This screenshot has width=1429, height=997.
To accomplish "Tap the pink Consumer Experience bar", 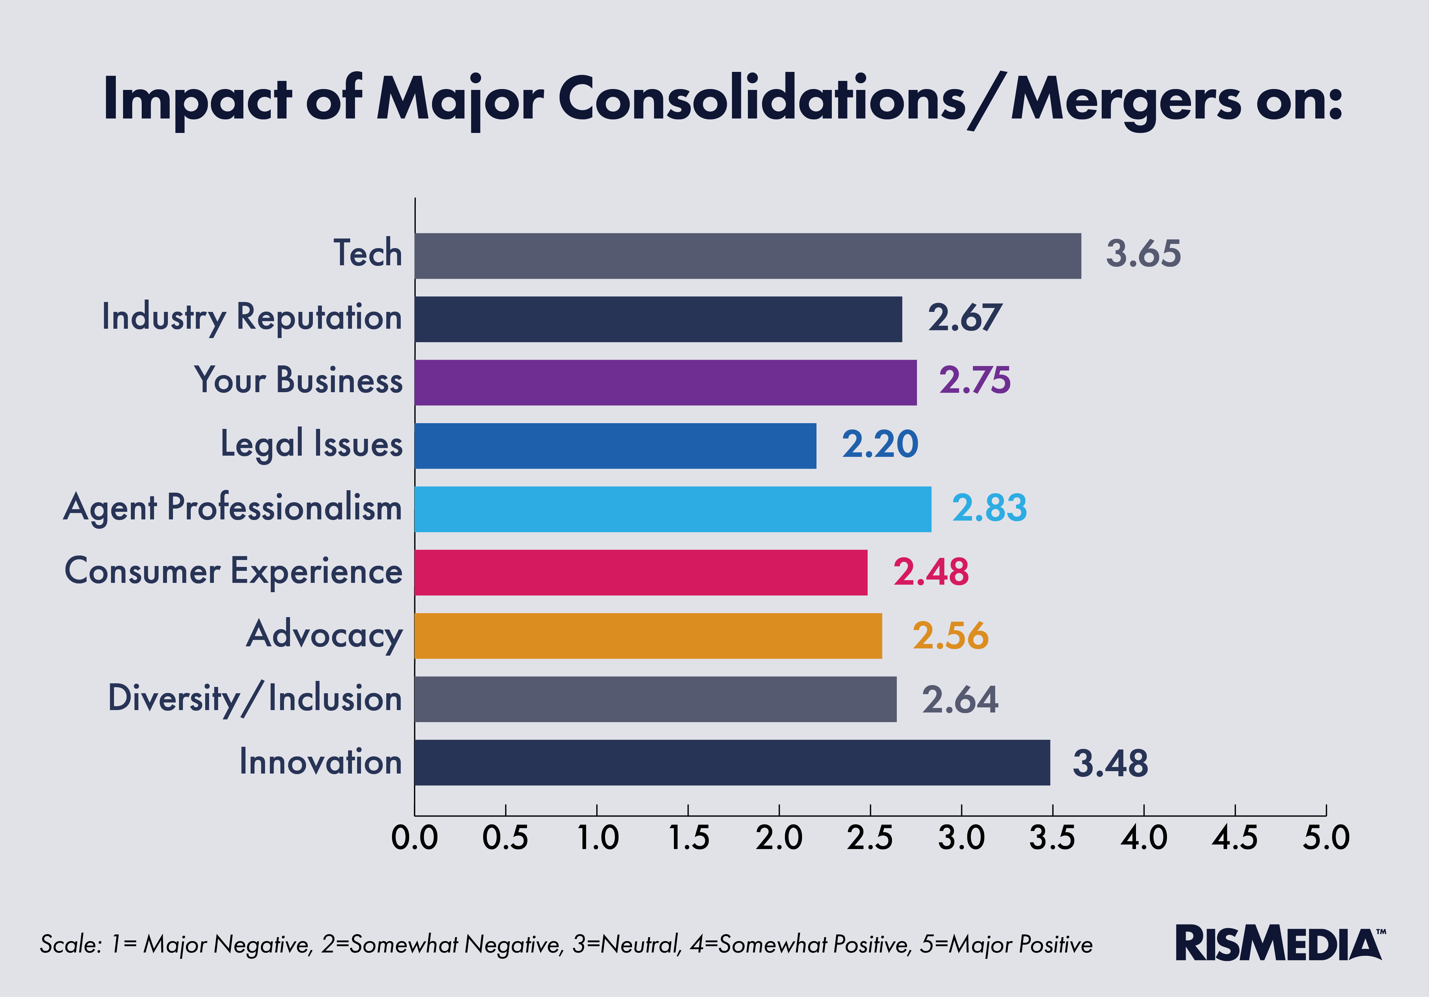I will click(x=640, y=572).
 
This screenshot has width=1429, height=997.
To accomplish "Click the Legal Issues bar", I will click(x=615, y=446).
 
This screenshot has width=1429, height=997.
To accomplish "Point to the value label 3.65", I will click(x=1143, y=254).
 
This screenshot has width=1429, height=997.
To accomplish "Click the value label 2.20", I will click(x=879, y=444).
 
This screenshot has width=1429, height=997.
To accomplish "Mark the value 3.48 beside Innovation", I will click(x=1110, y=764).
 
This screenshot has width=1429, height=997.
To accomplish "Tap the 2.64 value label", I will click(x=960, y=700).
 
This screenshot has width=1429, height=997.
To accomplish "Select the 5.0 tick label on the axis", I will click(x=1326, y=838).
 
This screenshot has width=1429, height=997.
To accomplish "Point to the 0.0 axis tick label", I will click(x=414, y=838).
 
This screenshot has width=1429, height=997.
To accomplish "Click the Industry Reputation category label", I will click(x=252, y=317).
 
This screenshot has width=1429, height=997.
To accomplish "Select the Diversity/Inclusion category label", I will click(x=255, y=698).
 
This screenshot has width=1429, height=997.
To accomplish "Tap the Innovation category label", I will click(x=320, y=762).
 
